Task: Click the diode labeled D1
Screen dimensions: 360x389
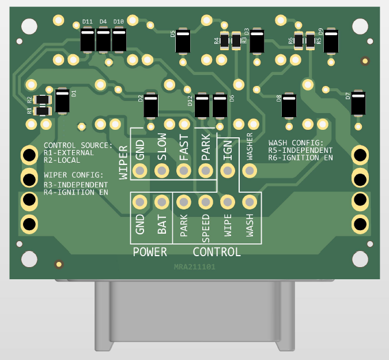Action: (x=62, y=100)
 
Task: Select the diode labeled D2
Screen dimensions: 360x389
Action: (x=151, y=106)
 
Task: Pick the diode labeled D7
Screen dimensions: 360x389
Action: (x=358, y=103)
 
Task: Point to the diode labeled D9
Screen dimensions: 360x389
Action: (x=331, y=40)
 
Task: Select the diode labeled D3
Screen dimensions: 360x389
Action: (x=256, y=40)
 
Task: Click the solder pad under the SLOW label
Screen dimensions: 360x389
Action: (x=161, y=171)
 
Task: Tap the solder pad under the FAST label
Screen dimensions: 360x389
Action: (x=183, y=171)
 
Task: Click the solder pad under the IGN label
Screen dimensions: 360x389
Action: (x=228, y=171)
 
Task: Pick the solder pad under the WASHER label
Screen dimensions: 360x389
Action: (x=250, y=171)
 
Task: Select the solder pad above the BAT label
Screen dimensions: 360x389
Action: (x=161, y=202)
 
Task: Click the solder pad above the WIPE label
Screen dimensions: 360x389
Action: (x=228, y=202)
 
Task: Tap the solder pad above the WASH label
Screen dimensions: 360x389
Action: (x=250, y=202)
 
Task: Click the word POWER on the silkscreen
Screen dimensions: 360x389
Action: (x=150, y=252)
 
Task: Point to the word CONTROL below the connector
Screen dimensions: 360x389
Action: (x=216, y=252)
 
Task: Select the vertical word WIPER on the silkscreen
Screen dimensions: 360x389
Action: (x=123, y=163)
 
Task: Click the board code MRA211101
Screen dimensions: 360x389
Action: (x=194, y=268)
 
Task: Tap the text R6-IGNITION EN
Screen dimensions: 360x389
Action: (x=300, y=157)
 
